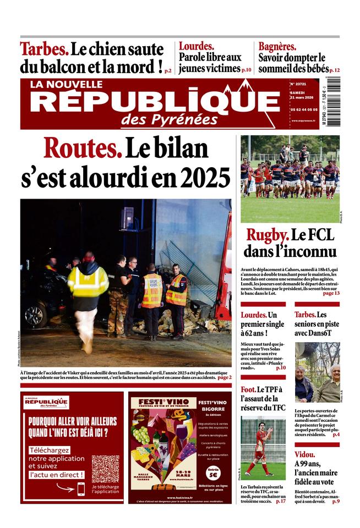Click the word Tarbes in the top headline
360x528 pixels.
44,49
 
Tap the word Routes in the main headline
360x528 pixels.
82,148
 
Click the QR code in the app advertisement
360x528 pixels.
105,469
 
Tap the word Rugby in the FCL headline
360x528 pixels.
267,235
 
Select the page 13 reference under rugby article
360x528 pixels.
331,293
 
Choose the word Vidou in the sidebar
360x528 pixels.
304,454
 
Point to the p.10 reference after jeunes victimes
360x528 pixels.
246,70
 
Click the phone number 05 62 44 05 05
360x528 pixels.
303,109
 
